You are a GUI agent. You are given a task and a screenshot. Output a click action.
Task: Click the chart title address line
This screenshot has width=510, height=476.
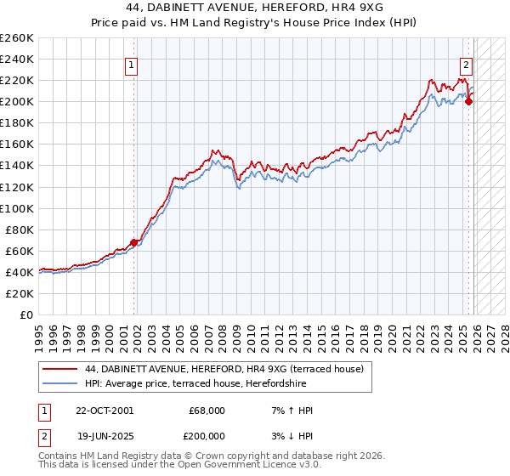(x=254, y=8)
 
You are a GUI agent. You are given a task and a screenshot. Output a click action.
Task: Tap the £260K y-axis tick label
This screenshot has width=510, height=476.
(x=17, y=38)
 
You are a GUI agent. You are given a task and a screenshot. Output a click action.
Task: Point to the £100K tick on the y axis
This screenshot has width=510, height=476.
(x=17, y=208)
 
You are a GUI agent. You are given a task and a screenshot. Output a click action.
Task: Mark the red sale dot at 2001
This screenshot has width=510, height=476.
(x=133, y=242)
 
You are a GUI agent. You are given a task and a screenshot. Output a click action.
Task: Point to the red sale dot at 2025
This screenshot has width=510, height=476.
(x=468, y=102)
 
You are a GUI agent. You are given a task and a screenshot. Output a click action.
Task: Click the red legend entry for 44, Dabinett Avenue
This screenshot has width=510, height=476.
(x=224, y=369)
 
